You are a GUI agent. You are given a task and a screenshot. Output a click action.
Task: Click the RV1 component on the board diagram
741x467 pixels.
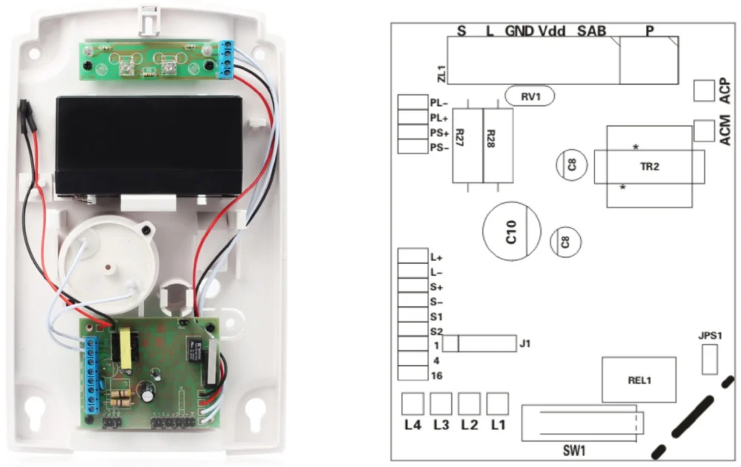(x=530, y=96)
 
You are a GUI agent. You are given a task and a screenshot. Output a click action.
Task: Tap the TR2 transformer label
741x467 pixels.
(x=649, y=167)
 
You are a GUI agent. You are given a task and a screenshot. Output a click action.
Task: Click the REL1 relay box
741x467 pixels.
(x=639, y=380)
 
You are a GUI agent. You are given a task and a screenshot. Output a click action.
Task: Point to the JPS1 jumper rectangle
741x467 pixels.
(x=709, y=361)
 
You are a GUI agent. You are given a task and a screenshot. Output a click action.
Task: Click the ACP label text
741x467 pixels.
(x=725, y=90)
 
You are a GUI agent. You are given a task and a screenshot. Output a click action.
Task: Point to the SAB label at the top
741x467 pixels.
(x=591, y=31)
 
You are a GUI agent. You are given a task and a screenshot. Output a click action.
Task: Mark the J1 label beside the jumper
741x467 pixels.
(x=526, y=343)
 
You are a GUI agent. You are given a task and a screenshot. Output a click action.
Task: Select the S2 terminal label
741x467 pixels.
(x=436, y=331)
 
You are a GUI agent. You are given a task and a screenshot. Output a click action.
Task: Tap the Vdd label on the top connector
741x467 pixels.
(x=551, y=31)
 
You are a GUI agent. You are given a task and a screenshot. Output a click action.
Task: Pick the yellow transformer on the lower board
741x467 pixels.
(x=121, y=348)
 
